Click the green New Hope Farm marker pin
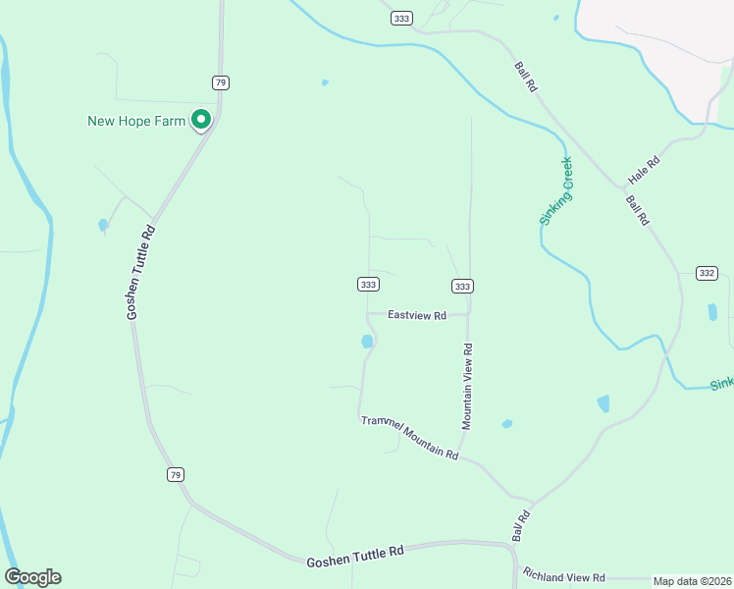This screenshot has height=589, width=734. click(x=201, y=120)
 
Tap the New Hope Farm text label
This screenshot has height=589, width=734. click(x=136, y=121)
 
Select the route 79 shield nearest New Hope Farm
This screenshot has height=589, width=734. click(x=220, y=81)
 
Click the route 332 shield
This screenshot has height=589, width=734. click(x=706, y=272)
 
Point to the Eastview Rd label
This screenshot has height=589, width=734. click(x=417, y=315)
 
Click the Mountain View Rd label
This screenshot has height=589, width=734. click(x=468, y=385)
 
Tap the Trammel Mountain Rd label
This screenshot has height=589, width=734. click(x=409, y=437)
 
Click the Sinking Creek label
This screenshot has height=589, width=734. click(x=556, y=192)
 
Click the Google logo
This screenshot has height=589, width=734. click(x=32, y=577)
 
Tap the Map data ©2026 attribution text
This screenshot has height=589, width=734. click(x=692, y=581)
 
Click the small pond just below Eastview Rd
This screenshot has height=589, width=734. click(x=367, y=342)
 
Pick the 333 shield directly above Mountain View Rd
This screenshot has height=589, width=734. click(x=463, y=286)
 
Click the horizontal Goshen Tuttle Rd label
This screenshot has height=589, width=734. click(x=355, y=557)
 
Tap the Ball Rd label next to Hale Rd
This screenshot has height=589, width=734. click(x=638, y=211)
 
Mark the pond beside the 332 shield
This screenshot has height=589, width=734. click(x=712, y=312)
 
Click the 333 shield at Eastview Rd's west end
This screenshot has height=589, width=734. click(x=367, y=285)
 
